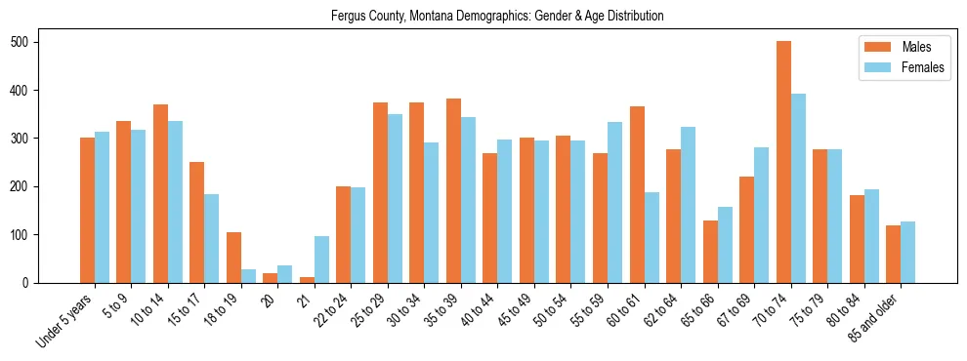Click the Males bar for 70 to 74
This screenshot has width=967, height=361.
(783, 162)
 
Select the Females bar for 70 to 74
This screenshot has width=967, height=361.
(798, 188)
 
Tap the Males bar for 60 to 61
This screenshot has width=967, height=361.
(637, 220)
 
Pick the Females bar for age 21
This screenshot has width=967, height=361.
(321, 260)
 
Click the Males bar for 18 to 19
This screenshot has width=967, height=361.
(233, 258)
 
